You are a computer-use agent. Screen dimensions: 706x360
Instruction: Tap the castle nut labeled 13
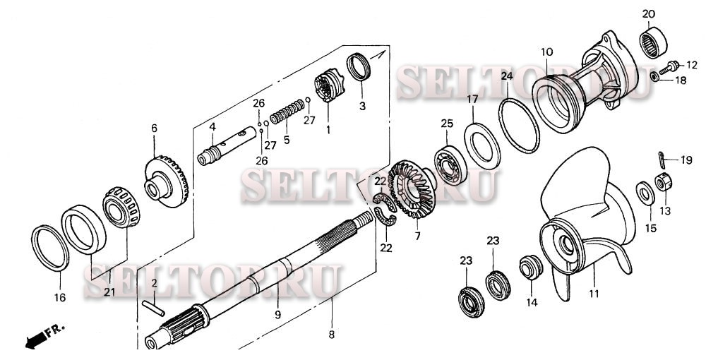663,182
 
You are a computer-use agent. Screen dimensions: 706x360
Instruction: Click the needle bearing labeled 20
653,42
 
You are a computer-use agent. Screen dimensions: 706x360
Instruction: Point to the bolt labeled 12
669,68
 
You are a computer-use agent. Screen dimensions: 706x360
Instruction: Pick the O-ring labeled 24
519,126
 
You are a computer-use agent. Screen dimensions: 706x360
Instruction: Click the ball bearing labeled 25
448,165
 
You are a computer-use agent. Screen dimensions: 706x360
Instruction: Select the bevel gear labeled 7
412,188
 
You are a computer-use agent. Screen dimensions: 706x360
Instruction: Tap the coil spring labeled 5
287,112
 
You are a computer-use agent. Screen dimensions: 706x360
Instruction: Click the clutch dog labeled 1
329,85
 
